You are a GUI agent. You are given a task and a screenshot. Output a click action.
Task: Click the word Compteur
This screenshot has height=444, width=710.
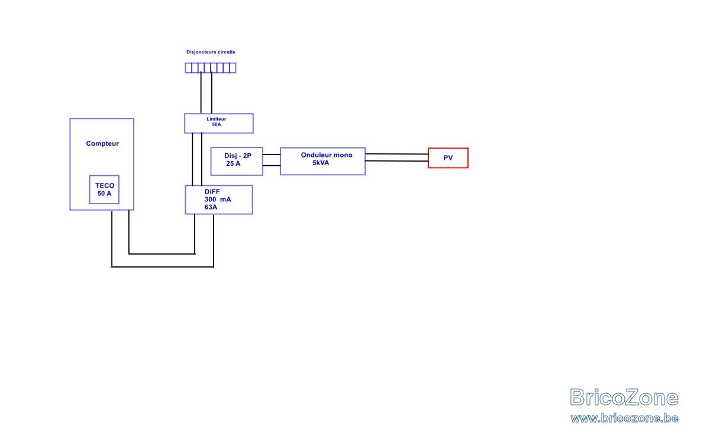tap(102, 144)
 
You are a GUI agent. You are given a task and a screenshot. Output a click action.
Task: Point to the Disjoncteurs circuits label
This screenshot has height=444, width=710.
tap(211, 52)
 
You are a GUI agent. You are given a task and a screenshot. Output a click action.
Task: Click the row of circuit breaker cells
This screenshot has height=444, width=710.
tap(211, 68)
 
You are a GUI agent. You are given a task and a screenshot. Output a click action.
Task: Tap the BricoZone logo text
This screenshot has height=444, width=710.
tap(624, 397)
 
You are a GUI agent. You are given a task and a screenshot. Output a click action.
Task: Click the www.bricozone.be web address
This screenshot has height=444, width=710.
tap(624, 419)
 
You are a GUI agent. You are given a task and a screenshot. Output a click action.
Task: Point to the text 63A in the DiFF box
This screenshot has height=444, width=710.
tap(211, 207)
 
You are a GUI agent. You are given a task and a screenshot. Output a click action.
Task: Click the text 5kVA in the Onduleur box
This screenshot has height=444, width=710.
tap(321, 163)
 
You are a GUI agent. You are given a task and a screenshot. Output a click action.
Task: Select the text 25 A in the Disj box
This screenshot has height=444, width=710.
tap(233, 163)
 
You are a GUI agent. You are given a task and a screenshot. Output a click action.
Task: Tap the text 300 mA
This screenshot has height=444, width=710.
tap(218, 200)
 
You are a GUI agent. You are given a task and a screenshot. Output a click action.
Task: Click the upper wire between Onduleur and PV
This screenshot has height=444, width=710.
tap(397, 154)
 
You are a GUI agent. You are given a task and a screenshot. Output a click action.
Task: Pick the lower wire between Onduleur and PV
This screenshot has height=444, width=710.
tap(397, 161)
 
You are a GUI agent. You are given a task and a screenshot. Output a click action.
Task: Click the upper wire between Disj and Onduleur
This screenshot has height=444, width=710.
tap(272, 155)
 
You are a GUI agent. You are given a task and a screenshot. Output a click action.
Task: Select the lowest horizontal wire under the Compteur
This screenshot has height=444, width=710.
tap(162, 267)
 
